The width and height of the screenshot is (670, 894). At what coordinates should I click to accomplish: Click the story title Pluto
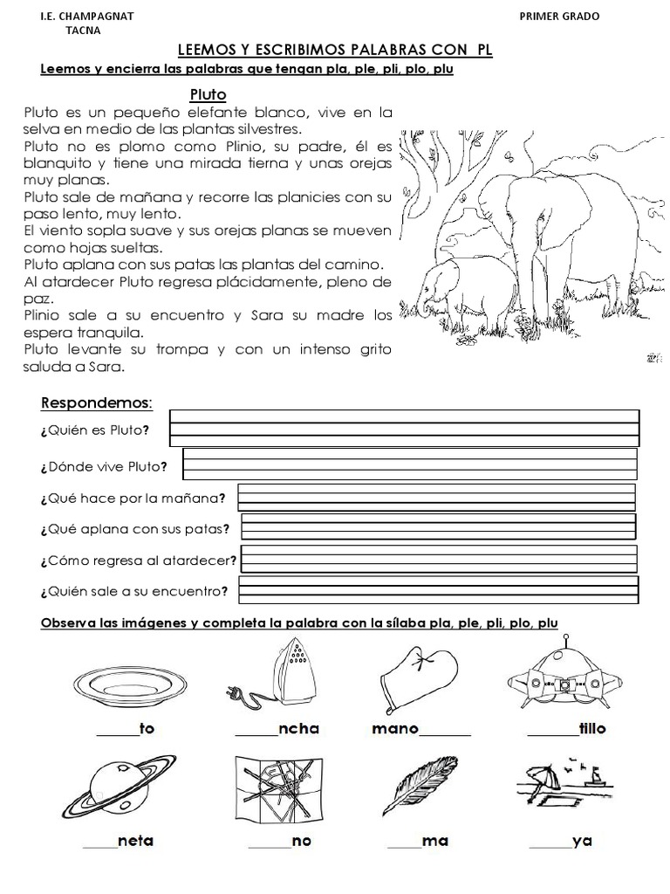click(208, 93)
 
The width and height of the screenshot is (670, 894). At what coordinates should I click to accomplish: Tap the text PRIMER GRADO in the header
click(559, 16)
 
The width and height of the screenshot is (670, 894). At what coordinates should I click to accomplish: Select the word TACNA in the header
click(83, 31)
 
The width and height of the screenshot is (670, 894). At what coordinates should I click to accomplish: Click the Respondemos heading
click(96, 402)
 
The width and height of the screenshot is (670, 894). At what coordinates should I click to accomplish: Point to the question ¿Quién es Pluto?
click(94, 430)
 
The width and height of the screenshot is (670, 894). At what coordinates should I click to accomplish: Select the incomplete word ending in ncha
click(277, 729)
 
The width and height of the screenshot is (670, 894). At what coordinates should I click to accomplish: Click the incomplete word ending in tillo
click(567, 729)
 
